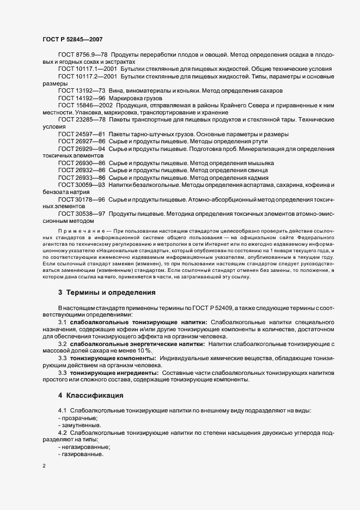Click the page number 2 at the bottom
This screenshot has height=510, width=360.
(x=44, y=466)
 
